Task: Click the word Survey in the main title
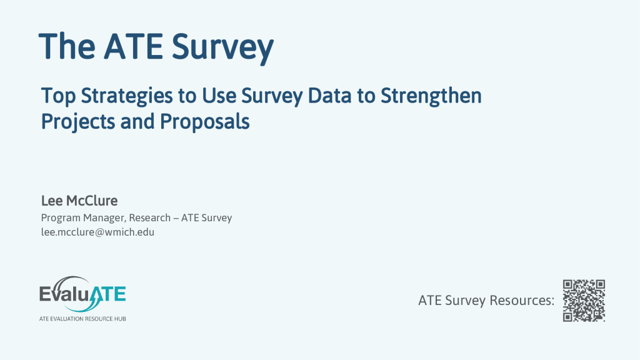pyautogui.click(x=222, y=47)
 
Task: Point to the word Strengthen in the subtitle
pyautogui.click(x=431, y=96)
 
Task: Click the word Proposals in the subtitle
pyautogui.click(x=204, y=121)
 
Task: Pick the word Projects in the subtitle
pyautogui.click(x=78, y=122)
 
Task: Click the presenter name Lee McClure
pyautogui.click(x=79, y=201)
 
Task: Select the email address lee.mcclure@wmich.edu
pyautogui.click(x=97, y=232)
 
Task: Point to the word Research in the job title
pyautogui.click(x=150, y=217)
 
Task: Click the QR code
pyautogui.click(x=584, y=301)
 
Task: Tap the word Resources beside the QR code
pyautogui.click(x=522, y=301)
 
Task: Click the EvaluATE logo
pyautogui.click(x=82, y=298)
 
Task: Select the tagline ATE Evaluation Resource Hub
pyautogui.click(x=82, y=318)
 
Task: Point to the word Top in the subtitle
pyautogui.click(x=58, y=96)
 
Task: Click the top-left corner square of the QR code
pyautogui.click(x=568, y=285)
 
